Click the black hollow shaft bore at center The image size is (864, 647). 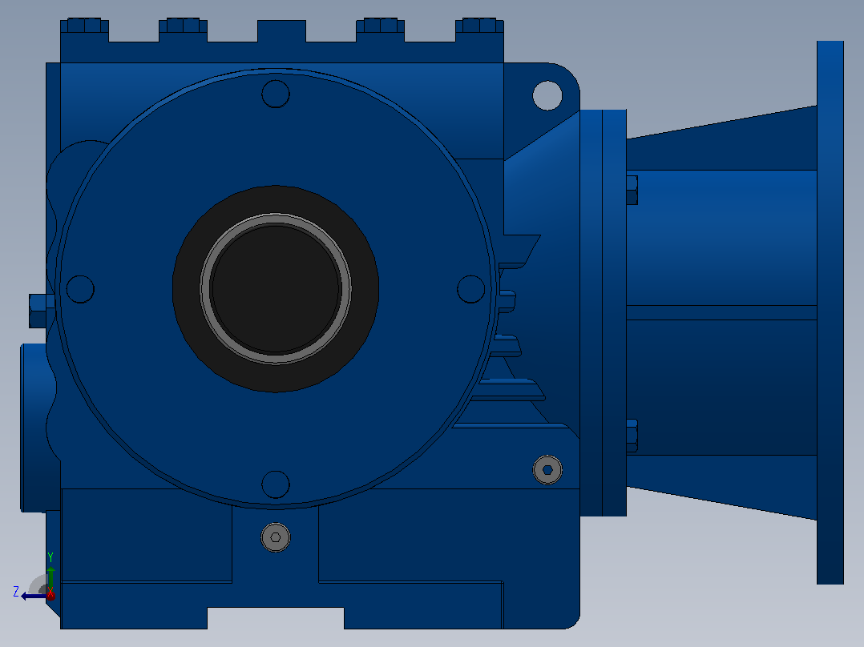tap(276, 288)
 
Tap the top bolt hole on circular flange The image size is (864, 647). tap(276, 94)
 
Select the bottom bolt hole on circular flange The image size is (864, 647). tap(276, 484)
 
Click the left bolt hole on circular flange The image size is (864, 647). tap(80, 289)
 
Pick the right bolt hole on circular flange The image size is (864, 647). tap(471, 289)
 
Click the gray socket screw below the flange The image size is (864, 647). tap(276, 537)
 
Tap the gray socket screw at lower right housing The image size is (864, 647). tap(547, 470)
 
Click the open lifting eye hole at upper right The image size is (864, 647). tap(547, 95)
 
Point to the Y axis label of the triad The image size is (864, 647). tap(50, 557)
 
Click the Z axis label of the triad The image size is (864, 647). tap(16, 592)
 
